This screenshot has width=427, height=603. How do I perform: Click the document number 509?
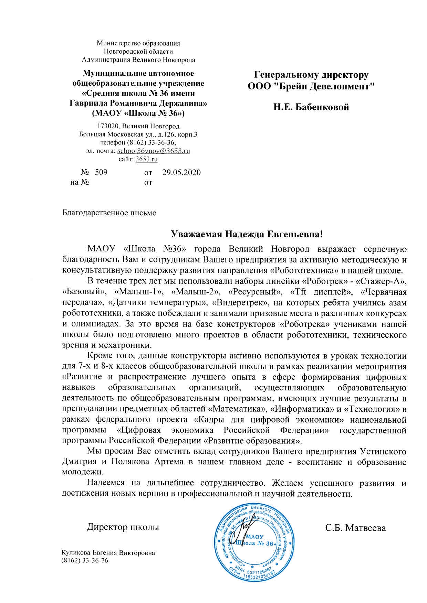(101, 172)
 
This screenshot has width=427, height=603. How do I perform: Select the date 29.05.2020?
(181, 172)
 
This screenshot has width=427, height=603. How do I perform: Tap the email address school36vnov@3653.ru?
(154, 151)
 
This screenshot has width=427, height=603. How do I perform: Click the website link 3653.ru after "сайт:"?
(147, 159)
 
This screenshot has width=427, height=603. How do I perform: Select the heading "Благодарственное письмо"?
(109, 213)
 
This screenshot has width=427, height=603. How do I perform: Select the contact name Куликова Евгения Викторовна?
(108, 553)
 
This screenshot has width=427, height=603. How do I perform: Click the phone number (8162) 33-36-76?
(85, 560)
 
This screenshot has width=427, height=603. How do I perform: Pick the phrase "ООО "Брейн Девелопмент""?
(311, 86)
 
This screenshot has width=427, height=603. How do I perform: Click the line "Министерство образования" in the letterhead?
(138, 43)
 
